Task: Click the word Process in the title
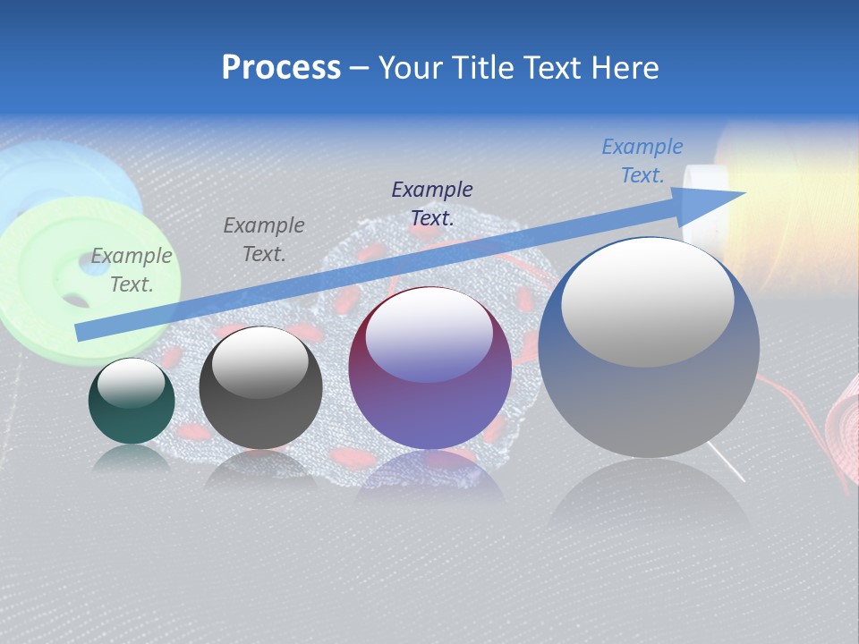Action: point(281,68)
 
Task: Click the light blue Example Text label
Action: point(642,161)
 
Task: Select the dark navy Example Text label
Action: point(432,203)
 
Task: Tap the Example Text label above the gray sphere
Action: point(264,239)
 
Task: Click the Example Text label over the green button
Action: point(132,269)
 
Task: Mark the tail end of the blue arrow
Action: point(81,333)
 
